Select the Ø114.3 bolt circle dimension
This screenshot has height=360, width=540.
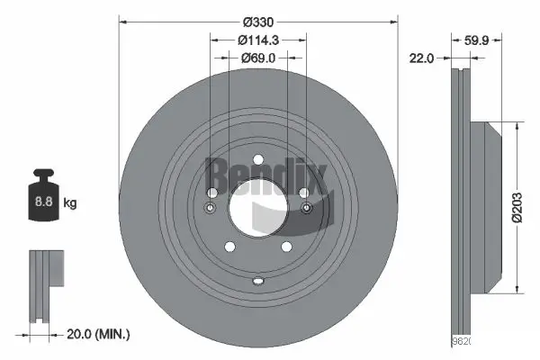(x=257, y=39)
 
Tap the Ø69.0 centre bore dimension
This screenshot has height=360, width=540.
(x=257, y=58)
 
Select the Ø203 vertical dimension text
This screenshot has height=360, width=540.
(x=527, y=208)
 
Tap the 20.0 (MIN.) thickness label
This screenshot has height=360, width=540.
(x=100, y=334)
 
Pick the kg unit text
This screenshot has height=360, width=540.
(x=70, y=203)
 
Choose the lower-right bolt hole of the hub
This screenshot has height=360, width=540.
(x=287, y=247)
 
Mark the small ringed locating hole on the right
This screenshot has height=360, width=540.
(x=306, y=210)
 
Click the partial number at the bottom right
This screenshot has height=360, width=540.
(x=460, y=342)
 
